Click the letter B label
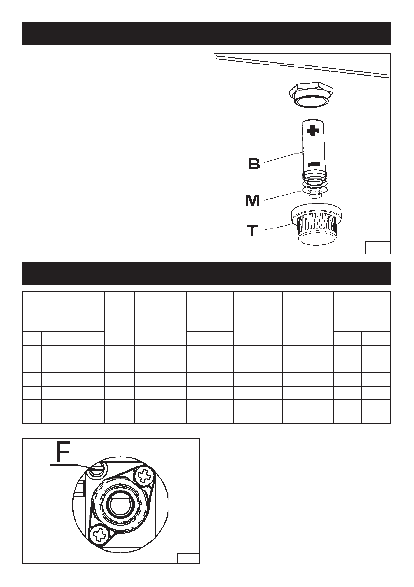coord(254,163)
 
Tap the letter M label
coord(252,200)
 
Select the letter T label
coord(253,230)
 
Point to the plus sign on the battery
coord(313,130)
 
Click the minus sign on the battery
coord(313,164)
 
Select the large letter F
coord(63,452)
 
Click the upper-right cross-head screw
coord(144,476)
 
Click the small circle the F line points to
coord(97,470)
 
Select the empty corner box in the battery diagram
coord(378,248)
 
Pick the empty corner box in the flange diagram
coord(188,558)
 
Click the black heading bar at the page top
coord(207,33)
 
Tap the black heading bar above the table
coord(207,273)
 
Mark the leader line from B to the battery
coord(283,157)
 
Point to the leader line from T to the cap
coord(277,227)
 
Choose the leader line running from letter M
coord(284,196)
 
